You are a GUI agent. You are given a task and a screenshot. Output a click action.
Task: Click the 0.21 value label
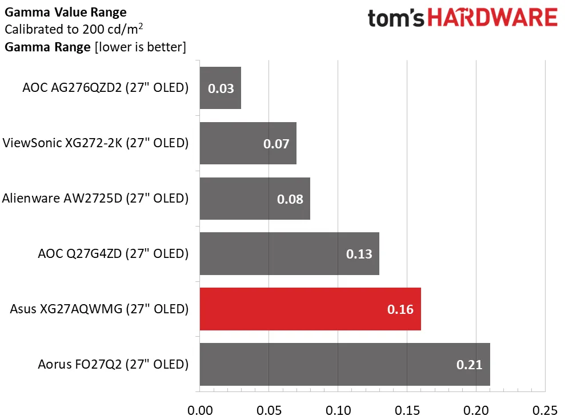coord(469,365)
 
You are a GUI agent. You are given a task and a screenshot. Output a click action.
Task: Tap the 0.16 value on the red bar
coord(400,309)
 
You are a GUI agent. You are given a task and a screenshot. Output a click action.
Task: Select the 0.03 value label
coord(221,88)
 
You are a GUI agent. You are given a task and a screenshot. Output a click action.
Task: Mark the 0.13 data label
coord(359,254)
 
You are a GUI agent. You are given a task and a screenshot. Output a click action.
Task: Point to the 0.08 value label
coord(290,199)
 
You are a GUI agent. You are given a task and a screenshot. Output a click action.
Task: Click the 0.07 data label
coord(276,144)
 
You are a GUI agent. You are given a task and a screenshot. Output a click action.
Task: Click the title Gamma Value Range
coord(66,12)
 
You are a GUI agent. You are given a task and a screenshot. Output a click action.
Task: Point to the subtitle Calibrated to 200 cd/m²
coord(73,29)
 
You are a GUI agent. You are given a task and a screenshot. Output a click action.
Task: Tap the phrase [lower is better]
coord(141,47)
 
